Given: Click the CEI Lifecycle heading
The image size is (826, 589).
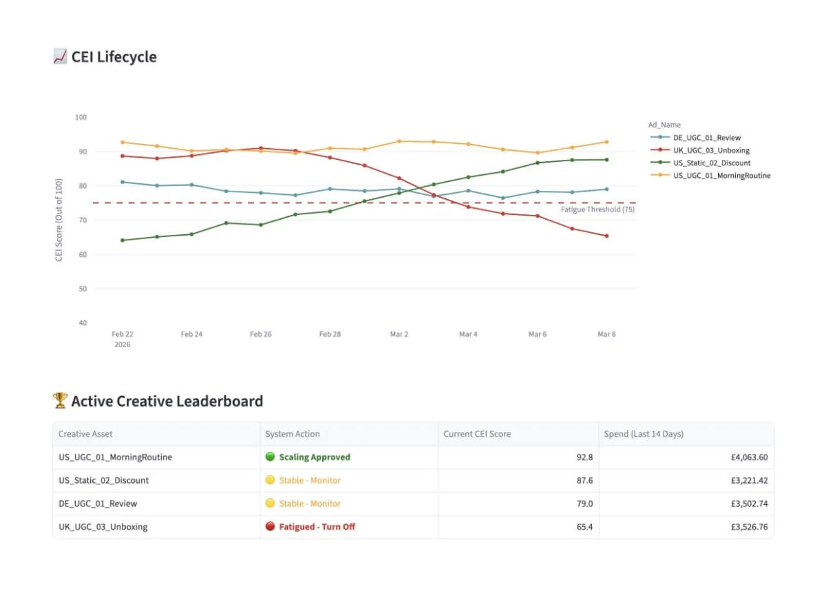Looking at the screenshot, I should pyautogui.click(x=114, y=57).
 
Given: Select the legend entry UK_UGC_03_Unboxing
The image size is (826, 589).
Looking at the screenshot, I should pyautogui.click(x=711, y=150).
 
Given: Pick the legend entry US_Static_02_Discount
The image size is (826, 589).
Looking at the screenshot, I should pyautogui.click(x=712, y=163).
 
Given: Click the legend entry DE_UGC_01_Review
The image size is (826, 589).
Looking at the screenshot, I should pyautogui.click(x=707, y=138).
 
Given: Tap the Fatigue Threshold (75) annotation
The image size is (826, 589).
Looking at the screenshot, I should pyautogui.click(x=597, y=209).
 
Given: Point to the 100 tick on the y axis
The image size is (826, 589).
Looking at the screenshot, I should pyautogui.click(x=81, y=117).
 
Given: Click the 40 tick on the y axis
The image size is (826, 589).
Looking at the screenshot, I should pyautogui.click(x=82, y=322).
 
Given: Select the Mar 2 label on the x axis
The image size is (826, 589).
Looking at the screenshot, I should pyautogui.click(x=399, y=334).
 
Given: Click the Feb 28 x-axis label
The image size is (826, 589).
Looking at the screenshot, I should pyautogui.click(x=330, y=334).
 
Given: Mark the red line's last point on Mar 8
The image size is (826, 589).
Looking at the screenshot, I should pyautogui.click(x=606, y=236).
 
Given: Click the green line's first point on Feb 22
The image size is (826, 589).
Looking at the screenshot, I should pyautogui.click(x=123, y=240).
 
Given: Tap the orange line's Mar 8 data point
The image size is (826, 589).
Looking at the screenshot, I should pyautogui.click(x=606, y=142).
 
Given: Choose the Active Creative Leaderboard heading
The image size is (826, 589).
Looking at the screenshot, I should pyautogui.click(x=167, y=401).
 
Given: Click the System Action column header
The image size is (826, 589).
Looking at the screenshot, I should pyautogui.click(x=293, y=434).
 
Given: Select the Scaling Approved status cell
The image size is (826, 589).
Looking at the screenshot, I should pyautogui.click(x=314, y=457).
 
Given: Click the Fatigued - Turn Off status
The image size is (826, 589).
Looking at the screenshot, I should pyautogui.click(x=317, y=527).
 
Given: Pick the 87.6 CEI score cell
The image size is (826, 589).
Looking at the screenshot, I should pyautogui.click(x=584, y=480).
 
